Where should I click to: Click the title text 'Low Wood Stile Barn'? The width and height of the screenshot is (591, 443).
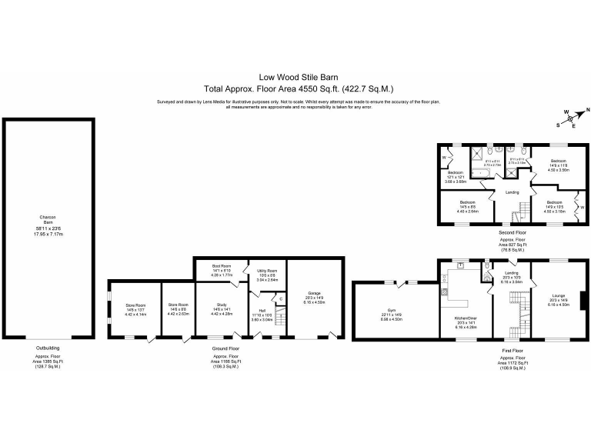click(295, 77)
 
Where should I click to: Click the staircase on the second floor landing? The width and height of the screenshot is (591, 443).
click(523, 208)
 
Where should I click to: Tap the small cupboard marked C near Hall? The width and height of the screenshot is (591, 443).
click(281, 298)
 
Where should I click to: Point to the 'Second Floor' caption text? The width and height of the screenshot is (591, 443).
click(511, 231)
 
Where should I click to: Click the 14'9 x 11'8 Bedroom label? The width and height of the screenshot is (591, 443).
click(558, 167)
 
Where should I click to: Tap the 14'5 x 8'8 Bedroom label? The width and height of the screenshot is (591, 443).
click(466, 205)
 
